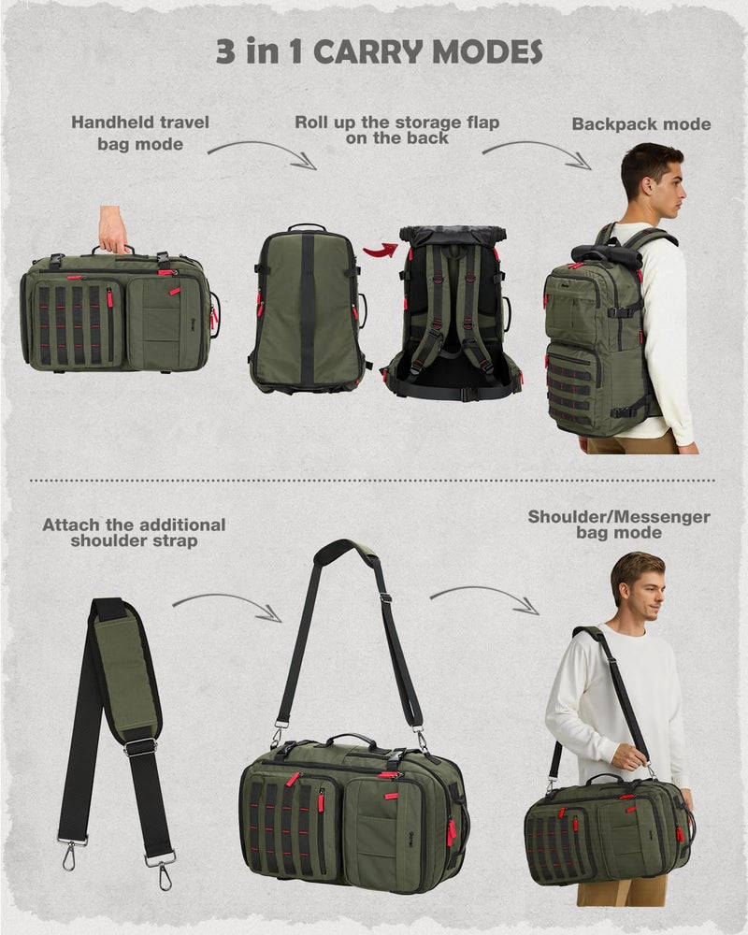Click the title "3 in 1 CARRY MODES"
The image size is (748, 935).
379,51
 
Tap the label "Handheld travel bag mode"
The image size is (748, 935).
140,133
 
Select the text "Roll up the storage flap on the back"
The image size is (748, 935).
397,130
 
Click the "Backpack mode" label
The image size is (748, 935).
641,124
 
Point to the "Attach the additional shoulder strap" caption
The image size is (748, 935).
134,532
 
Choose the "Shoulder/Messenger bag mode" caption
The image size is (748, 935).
618,524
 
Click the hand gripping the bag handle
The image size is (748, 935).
114,230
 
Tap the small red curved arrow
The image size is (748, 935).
380,249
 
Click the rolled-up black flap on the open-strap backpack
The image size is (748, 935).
453,235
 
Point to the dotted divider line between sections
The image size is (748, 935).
374,481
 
